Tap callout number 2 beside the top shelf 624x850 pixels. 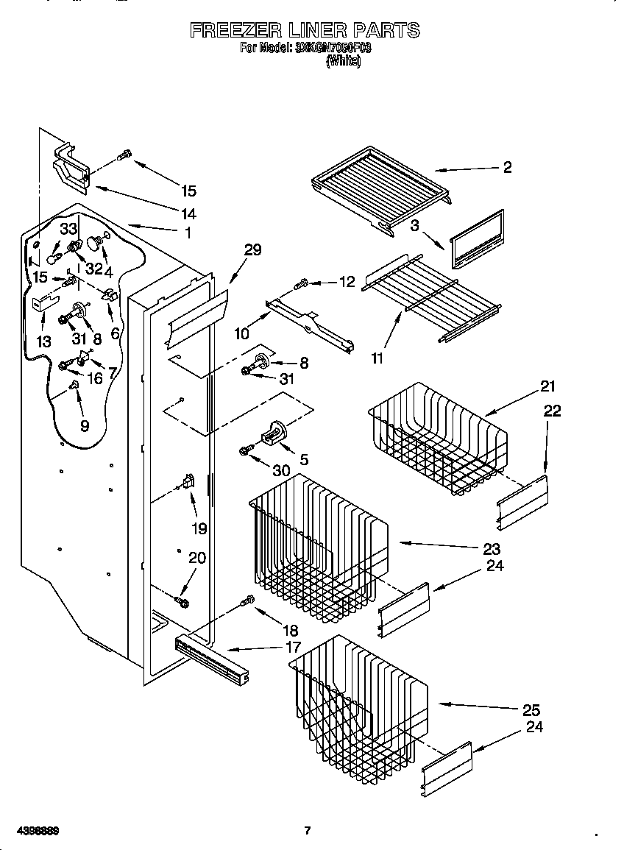[x=507, y=167]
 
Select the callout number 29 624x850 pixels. [x=252, y=250]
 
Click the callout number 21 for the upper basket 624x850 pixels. [x=548, y=386]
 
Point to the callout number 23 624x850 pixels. [x=492, y=548]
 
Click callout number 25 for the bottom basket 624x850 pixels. [x=531, y=710]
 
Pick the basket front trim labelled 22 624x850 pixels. [x=523, y=500]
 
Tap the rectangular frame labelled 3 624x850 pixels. [x=476, y=239]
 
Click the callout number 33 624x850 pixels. [x=68, y=230]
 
